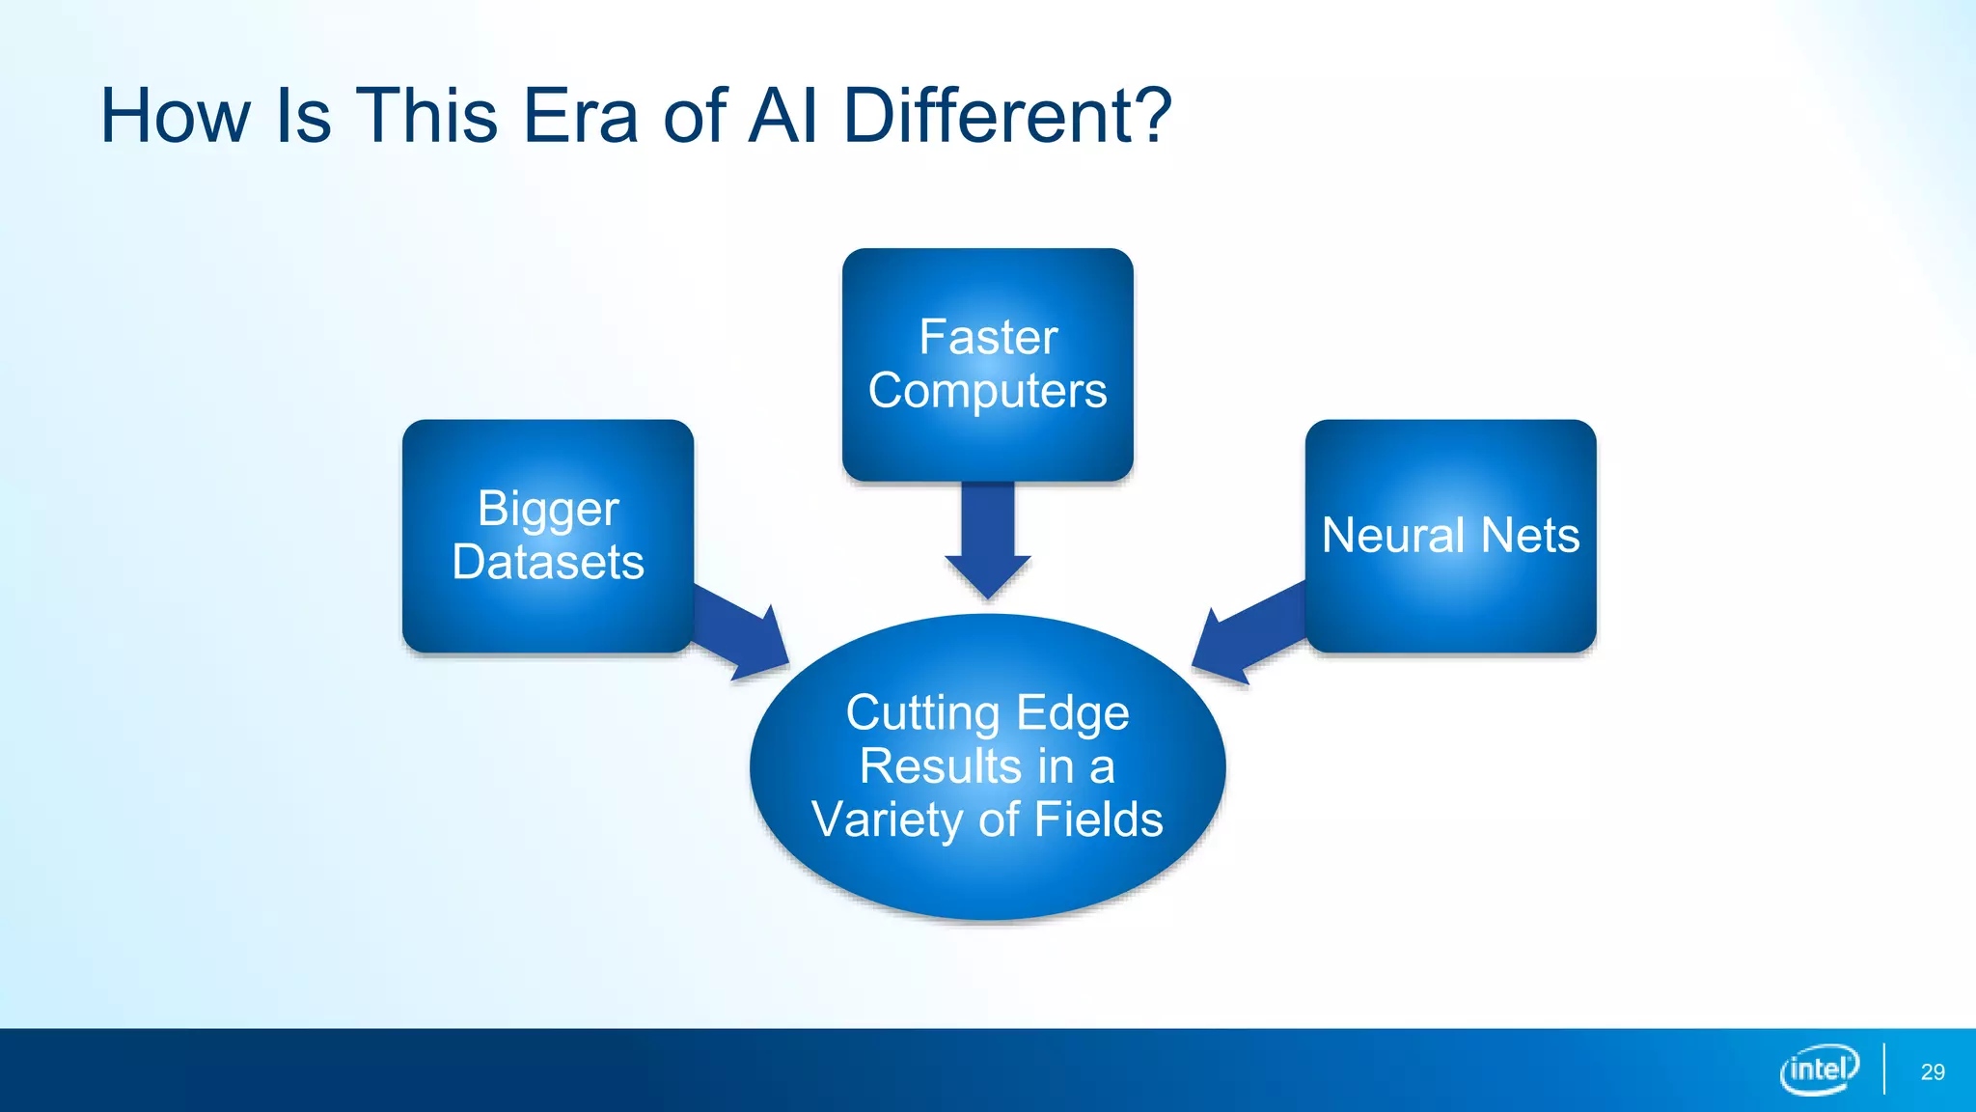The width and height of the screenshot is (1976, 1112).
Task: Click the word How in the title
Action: pyautogui.click(x=175, y=116)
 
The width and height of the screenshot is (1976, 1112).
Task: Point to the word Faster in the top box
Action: pyautogui.click(x=988, y=338)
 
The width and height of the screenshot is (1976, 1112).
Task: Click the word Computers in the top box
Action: pyautogui.click(x=987, y=391)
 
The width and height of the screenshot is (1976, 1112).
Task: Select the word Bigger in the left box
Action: pyautogui.click(x=548, y=510)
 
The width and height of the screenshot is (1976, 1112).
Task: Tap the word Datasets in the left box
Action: pyautogui.click(x=548, y=562)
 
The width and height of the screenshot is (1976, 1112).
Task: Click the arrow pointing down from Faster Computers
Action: pyautogui.click(x=988, y=541)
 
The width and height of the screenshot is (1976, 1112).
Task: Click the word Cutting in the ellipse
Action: pyautogui.click(x=922, y=714)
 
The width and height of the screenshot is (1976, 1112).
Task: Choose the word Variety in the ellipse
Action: pyautogui.click(x=887, y=820)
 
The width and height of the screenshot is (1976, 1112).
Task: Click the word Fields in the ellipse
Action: pyautogui.click(x=1099, y=820)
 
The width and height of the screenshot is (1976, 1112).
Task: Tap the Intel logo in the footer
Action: pyautogui.click(x=1819, y=1070)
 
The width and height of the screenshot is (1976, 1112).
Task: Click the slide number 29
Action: pyautogui.click(x=1933, y=1071)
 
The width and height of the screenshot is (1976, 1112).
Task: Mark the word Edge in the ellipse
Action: pyautogui.click(x=1072, y=714)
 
